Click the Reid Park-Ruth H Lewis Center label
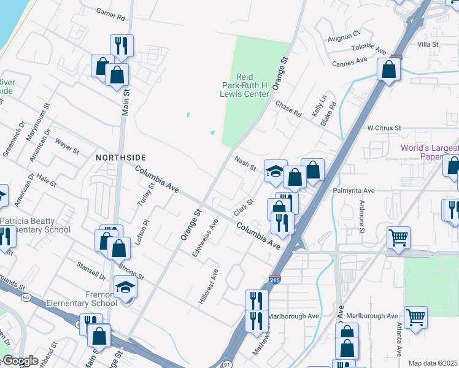(245, 86)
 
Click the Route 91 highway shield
(227, 364)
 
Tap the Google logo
(20, 361)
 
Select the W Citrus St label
(384, 128)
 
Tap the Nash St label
(245, 163)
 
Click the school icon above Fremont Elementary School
(125, 287)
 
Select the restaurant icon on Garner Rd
(121, 45)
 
